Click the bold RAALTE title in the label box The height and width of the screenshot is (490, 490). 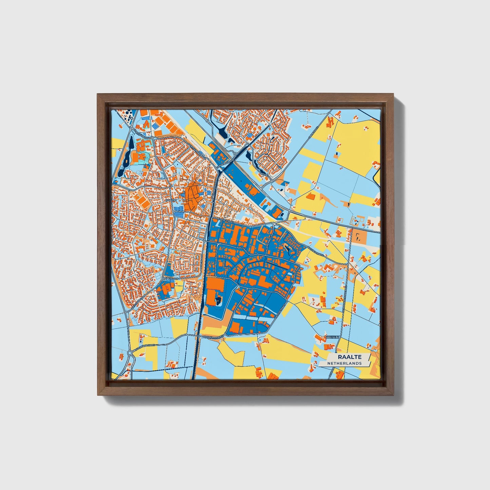coord(349,357)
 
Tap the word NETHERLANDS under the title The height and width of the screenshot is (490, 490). coord(344,363)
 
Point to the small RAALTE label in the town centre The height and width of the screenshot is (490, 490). coord(171,200)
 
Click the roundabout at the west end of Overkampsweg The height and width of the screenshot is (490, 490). coord(129,353)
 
